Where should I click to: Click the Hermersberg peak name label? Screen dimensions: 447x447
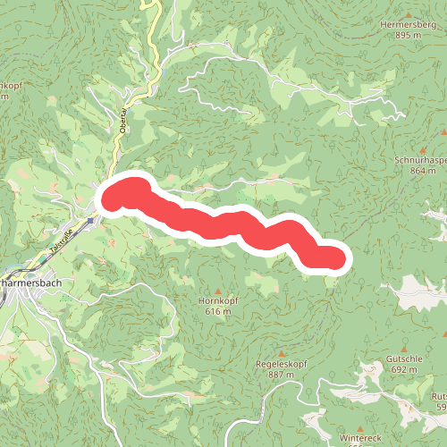pyautogui.click(x=407, y=24)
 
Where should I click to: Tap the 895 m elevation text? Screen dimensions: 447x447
pyautogui.click(x=407, y=35)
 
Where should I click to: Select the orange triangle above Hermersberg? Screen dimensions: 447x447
pyautogui.click(x=407, y=12)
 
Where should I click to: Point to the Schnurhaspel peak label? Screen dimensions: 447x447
pyautogui.click(x=419, y=159)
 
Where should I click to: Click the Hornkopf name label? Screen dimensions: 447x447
pyautogui.click(x=217, y=302)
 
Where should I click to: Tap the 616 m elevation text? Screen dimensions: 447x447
pyautogui.click(x=217, y=313)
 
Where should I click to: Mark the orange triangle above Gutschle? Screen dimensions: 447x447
pyautogui.click(x=404, y=347)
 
